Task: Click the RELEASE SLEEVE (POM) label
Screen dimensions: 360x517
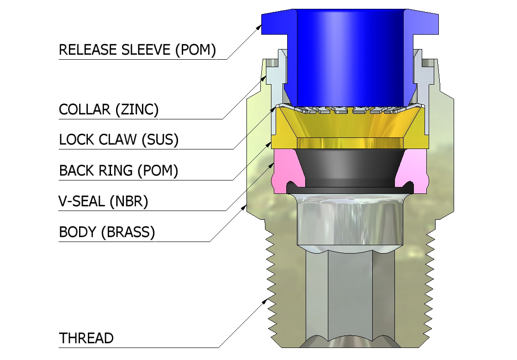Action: [x=137, y=50]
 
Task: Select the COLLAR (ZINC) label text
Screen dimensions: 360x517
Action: [x=109, y=110]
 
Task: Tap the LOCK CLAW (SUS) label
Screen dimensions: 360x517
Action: [x=119, y=140]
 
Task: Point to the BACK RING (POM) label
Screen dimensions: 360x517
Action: [x=118, y=171]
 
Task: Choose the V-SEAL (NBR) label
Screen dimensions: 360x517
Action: [x=104, y=201]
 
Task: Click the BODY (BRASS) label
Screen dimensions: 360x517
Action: [x=107, y=232]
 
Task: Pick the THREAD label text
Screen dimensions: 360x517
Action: [x=86, y=338]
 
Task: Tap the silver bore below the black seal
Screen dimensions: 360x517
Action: [x=349, y=222]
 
